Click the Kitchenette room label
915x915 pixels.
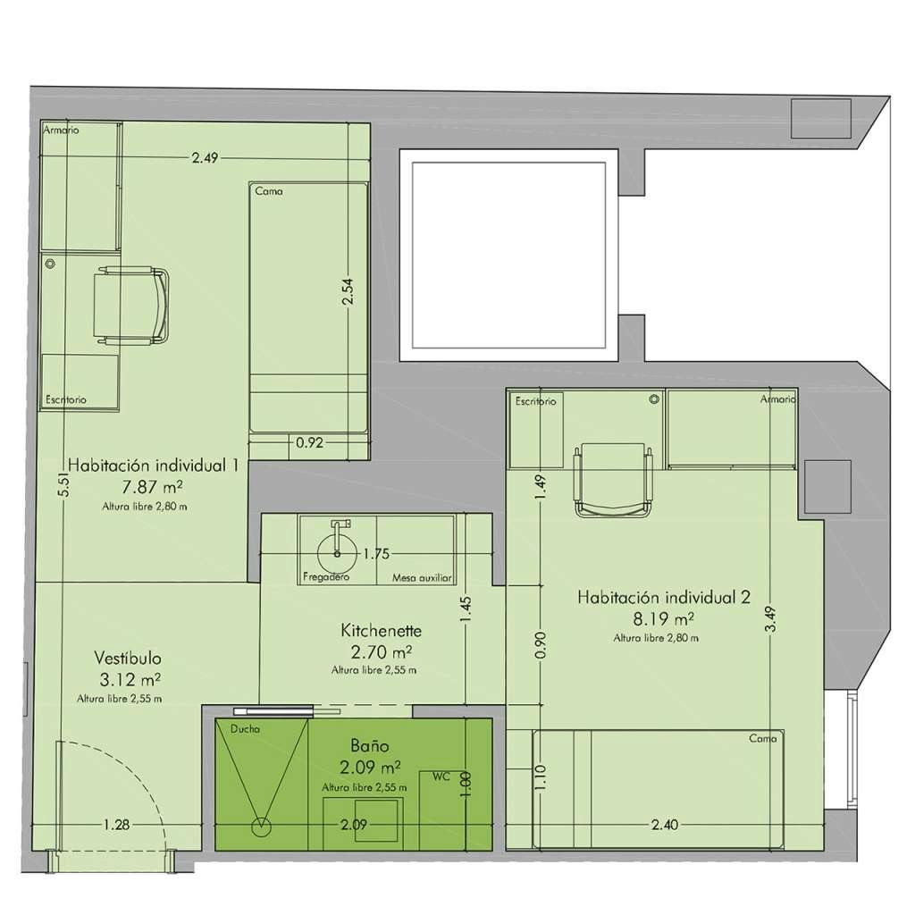pos(381,631)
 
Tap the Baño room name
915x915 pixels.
pos(369,745)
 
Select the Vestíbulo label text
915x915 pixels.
pos(128,659)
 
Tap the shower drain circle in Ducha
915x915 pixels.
pos(262,826)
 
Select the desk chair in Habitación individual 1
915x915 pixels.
pos(131,306)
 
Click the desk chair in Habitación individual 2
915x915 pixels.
pos(613,480)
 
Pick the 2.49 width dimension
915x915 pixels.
pos(205,158)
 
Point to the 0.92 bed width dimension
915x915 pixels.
pos(309,441)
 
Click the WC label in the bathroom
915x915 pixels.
pos(440,776)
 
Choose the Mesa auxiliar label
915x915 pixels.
pos(423,578)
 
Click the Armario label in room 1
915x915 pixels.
pos(62,130)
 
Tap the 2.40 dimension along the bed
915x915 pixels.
pos(662,824)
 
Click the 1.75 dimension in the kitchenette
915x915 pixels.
pos(375,554)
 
